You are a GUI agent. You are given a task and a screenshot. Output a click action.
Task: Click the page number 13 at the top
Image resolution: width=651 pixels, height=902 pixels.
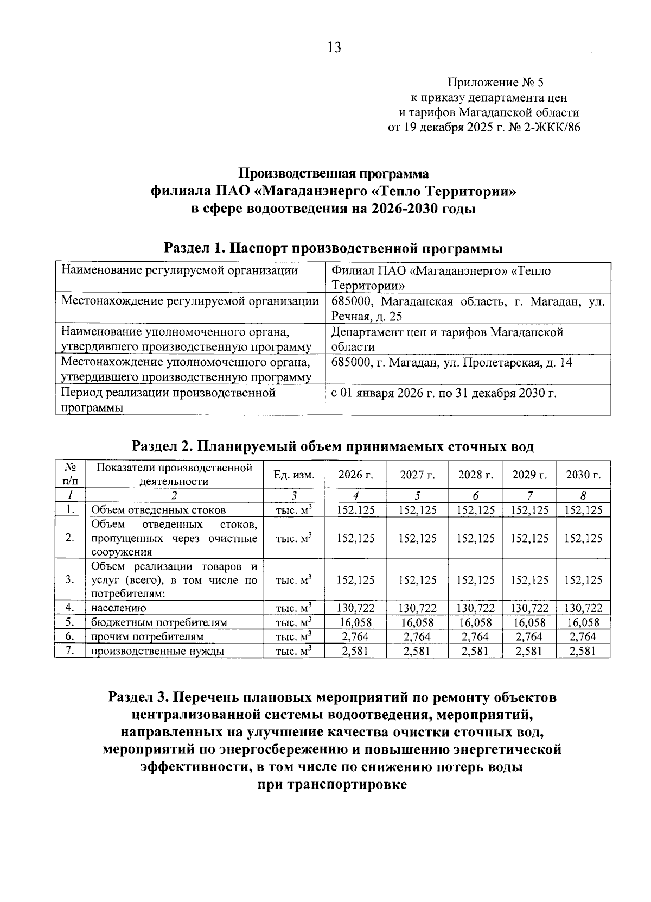[x=334, y=48]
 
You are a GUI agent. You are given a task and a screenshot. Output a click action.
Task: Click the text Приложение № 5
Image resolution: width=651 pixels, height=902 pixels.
[x=495, y=83]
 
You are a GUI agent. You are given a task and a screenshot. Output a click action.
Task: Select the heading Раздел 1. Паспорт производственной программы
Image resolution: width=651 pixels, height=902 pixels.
[x=333, y=249]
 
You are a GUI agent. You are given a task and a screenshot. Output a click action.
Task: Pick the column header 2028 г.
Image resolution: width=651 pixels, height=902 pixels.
[x=475, y=475]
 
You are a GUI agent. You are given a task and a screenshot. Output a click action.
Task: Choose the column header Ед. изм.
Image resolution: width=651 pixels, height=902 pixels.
[x=293, y=475]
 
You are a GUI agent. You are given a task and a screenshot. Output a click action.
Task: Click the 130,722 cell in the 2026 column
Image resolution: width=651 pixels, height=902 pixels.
[x=355, y=608]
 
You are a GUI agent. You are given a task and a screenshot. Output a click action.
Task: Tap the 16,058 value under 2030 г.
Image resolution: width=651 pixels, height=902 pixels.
[x=583, y=622]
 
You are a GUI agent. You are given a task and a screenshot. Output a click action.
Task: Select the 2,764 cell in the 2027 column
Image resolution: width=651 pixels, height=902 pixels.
[x=417, y=636]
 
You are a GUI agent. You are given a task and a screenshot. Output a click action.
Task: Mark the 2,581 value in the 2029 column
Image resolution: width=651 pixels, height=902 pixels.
[x=529, y=651]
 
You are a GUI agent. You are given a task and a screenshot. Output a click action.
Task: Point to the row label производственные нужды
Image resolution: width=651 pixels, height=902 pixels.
[x=157, y=651]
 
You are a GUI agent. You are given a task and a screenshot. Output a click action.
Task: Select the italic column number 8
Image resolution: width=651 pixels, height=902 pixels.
[x=583, y=495]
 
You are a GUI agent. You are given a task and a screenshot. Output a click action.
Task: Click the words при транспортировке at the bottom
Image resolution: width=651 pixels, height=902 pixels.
[x=331, y=785]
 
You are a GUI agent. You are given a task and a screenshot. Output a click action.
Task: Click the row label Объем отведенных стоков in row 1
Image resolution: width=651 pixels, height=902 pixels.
[x=158, y=510]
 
